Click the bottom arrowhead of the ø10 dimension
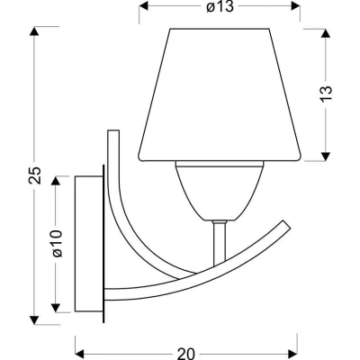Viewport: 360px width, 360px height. pyautogui.click(x=57, y=315)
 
